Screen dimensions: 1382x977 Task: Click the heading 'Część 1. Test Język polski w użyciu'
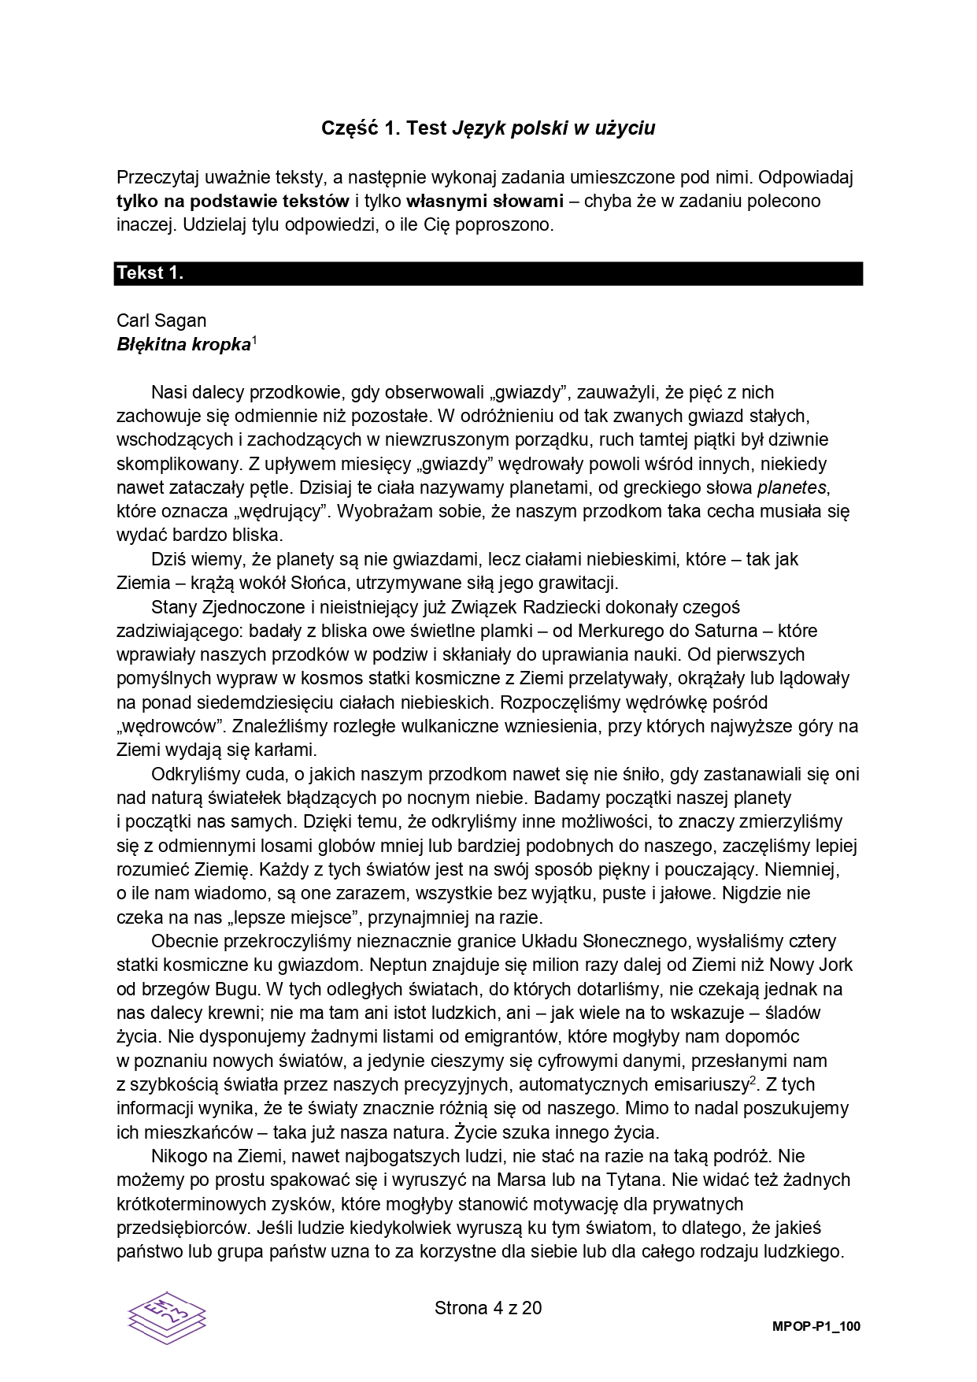[x=488, y=128]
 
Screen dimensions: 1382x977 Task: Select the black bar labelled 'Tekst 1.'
[x=488, y=273]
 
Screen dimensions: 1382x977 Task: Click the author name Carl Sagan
[x=161, y=320]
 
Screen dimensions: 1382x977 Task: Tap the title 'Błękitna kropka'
[x=183, y=345]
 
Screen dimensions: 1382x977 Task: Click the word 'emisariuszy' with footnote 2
[x=703, y=1084]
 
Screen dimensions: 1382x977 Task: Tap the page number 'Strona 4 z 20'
[x=488, y=1308]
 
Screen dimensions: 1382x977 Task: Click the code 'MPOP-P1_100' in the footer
[x=816, y=1327]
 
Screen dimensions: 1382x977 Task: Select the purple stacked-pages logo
[x=167, y=1319]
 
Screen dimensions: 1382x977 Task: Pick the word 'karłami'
[x=287, y=750]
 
